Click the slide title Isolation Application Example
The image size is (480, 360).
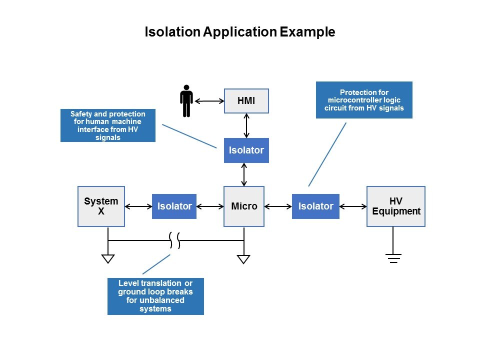(x=239, y=32)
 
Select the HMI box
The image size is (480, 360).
(x=246, y=101)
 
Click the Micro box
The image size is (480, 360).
(x=244, y=206)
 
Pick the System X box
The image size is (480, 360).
(x=101, y=206)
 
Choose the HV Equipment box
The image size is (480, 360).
(x=395, y=206)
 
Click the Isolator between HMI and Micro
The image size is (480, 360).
(x=246, y=150)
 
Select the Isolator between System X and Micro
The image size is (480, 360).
(x=174, y=206)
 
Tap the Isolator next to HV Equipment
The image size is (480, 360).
(x=315, y=206)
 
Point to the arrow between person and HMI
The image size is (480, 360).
(x=209, y=101)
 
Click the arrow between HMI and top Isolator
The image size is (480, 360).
(x=246, y=125)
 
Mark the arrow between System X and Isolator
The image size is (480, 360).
(x=138, y=206)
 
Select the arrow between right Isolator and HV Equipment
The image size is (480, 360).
(x=353, y=206)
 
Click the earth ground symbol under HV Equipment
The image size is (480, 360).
(x=393, y=258)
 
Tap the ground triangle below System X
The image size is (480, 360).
(x=108, y=258)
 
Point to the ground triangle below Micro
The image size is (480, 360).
(x=243, y=259)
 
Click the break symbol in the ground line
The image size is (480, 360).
(x=174, y=240)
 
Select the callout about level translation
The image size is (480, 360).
(x=155, y=296)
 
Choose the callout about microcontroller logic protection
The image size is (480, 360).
(x=364, y=100)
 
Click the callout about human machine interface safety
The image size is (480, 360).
(x=107, y=125)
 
